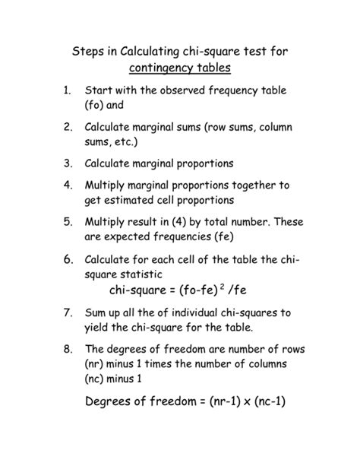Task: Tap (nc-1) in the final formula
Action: (x=272, y=404)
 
